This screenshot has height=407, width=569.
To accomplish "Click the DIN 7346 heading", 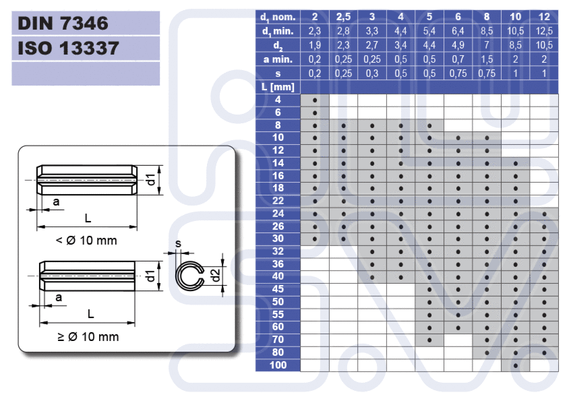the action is point(63,23).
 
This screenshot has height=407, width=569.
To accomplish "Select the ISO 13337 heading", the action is point(68,49).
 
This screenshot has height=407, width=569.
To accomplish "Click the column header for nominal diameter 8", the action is point(487,17).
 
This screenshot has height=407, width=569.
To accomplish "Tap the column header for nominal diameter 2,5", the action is point(343,17).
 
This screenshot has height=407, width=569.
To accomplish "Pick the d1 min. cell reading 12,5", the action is point(544,31).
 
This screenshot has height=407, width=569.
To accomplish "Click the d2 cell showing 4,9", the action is point(458,45).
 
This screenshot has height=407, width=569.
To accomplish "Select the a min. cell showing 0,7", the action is point(458,59).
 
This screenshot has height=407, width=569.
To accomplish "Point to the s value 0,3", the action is point(372,73).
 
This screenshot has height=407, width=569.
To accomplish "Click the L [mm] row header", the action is point(278,87).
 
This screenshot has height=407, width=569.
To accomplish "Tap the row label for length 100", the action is point(278,365).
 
